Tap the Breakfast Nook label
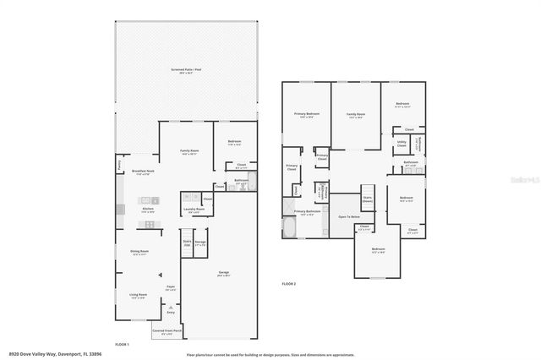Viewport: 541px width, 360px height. click(x=142, y=172)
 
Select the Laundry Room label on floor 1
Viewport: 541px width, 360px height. click(x=194, y=209)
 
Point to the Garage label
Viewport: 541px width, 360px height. click(x=224, y=272)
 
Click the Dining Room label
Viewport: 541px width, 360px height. click(x=139, y=251)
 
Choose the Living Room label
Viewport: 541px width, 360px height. click(x=138, y=295)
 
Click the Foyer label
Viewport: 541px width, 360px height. click(x=170, y=287)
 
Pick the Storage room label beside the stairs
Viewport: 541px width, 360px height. click(x=200, y=243)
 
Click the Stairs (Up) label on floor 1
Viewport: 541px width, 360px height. click(x=187, y=243)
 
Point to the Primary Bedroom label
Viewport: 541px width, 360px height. click(x=306, y=113)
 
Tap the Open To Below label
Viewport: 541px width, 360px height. click(x=349, y=217)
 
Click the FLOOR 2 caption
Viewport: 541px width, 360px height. click(x=288, y=283)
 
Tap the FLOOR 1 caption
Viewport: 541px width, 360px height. click(x=122, y=344)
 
